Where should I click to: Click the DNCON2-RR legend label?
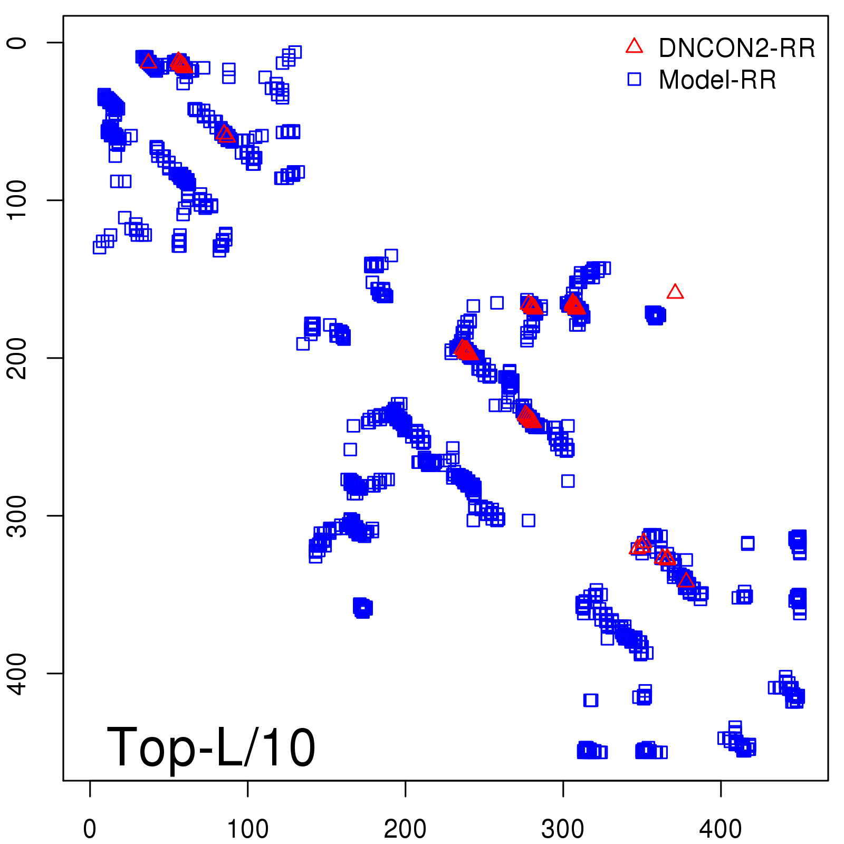click(x=736, y=48)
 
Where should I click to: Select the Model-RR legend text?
click(x=717, y=80)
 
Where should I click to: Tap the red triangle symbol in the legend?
click(x=634, y=46)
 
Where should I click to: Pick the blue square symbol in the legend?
click(x=634, y=79)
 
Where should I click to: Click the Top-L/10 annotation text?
click(x=211, y=747)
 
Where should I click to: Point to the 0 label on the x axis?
click(x=90, y=829)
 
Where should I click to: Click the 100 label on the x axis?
click(x=247, y=829)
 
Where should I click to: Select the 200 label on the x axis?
click(x=405, y=829)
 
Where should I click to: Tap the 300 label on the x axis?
click(x=563, y=829)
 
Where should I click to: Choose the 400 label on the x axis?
click(x=721, y=829)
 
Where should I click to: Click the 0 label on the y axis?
click(x=18, y=42)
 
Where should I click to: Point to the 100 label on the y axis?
click(x=18, y=200)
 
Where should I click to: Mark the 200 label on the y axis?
click(x=18, y=358)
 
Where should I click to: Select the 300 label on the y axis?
click(x=18, y=515)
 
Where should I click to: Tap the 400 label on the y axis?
click(x=18, y=673)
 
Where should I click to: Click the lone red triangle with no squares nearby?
click(x=675, y=292)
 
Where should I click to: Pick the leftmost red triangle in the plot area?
click(x=148, y=61)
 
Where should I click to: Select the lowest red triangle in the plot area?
click(x=686, y=580)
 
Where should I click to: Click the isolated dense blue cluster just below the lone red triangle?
click(x=655, y=315)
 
